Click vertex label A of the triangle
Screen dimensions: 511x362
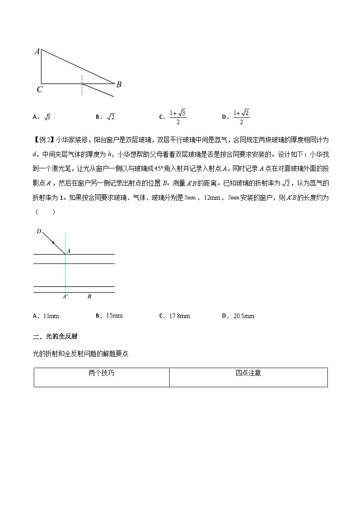[x=36, y=51]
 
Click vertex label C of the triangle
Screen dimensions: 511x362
[x=40, y=90]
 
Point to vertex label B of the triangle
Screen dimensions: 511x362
[x=119, y=84]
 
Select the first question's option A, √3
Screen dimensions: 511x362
[x=47, y=117]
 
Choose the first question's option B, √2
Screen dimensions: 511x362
[x=111, y=117]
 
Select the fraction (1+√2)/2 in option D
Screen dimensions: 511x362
[x=241, y=117]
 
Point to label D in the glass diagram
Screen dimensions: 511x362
[x=39, y=232]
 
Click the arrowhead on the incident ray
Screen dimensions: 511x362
[x=53, y=243]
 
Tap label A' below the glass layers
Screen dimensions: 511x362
[x=65, y=297]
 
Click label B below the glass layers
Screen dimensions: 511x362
[x=89, y=297]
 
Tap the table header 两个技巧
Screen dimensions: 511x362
[x=101, y=373]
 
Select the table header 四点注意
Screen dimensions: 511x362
[x=248, y=373]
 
